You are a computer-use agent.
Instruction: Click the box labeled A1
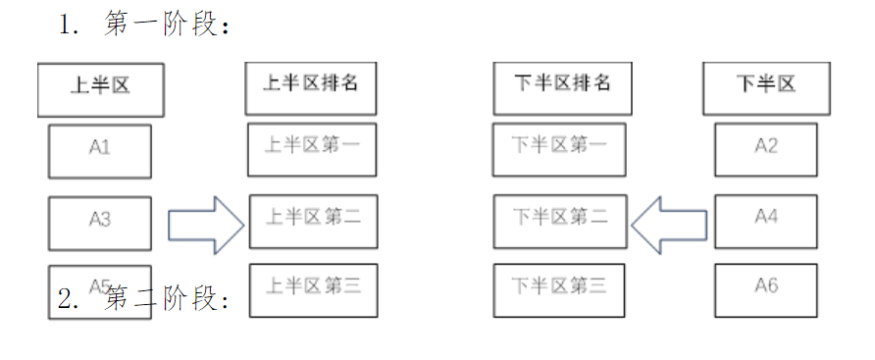(100, 150)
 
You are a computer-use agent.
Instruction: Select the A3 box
(100, 223)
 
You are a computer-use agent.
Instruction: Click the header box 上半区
(100, 89)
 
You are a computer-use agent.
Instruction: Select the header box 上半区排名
(311, 87)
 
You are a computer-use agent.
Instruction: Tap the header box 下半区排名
(562, 87)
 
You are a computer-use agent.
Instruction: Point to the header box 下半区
(766, 87)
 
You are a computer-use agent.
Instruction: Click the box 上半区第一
(312, 149)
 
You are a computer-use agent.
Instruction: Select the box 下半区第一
(559, 149)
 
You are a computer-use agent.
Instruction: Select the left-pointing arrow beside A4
(670, 225)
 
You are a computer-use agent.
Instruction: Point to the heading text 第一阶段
(166, 26)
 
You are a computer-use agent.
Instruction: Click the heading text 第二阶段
(166, 300)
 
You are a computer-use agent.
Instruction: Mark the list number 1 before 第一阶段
(68, 26)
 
